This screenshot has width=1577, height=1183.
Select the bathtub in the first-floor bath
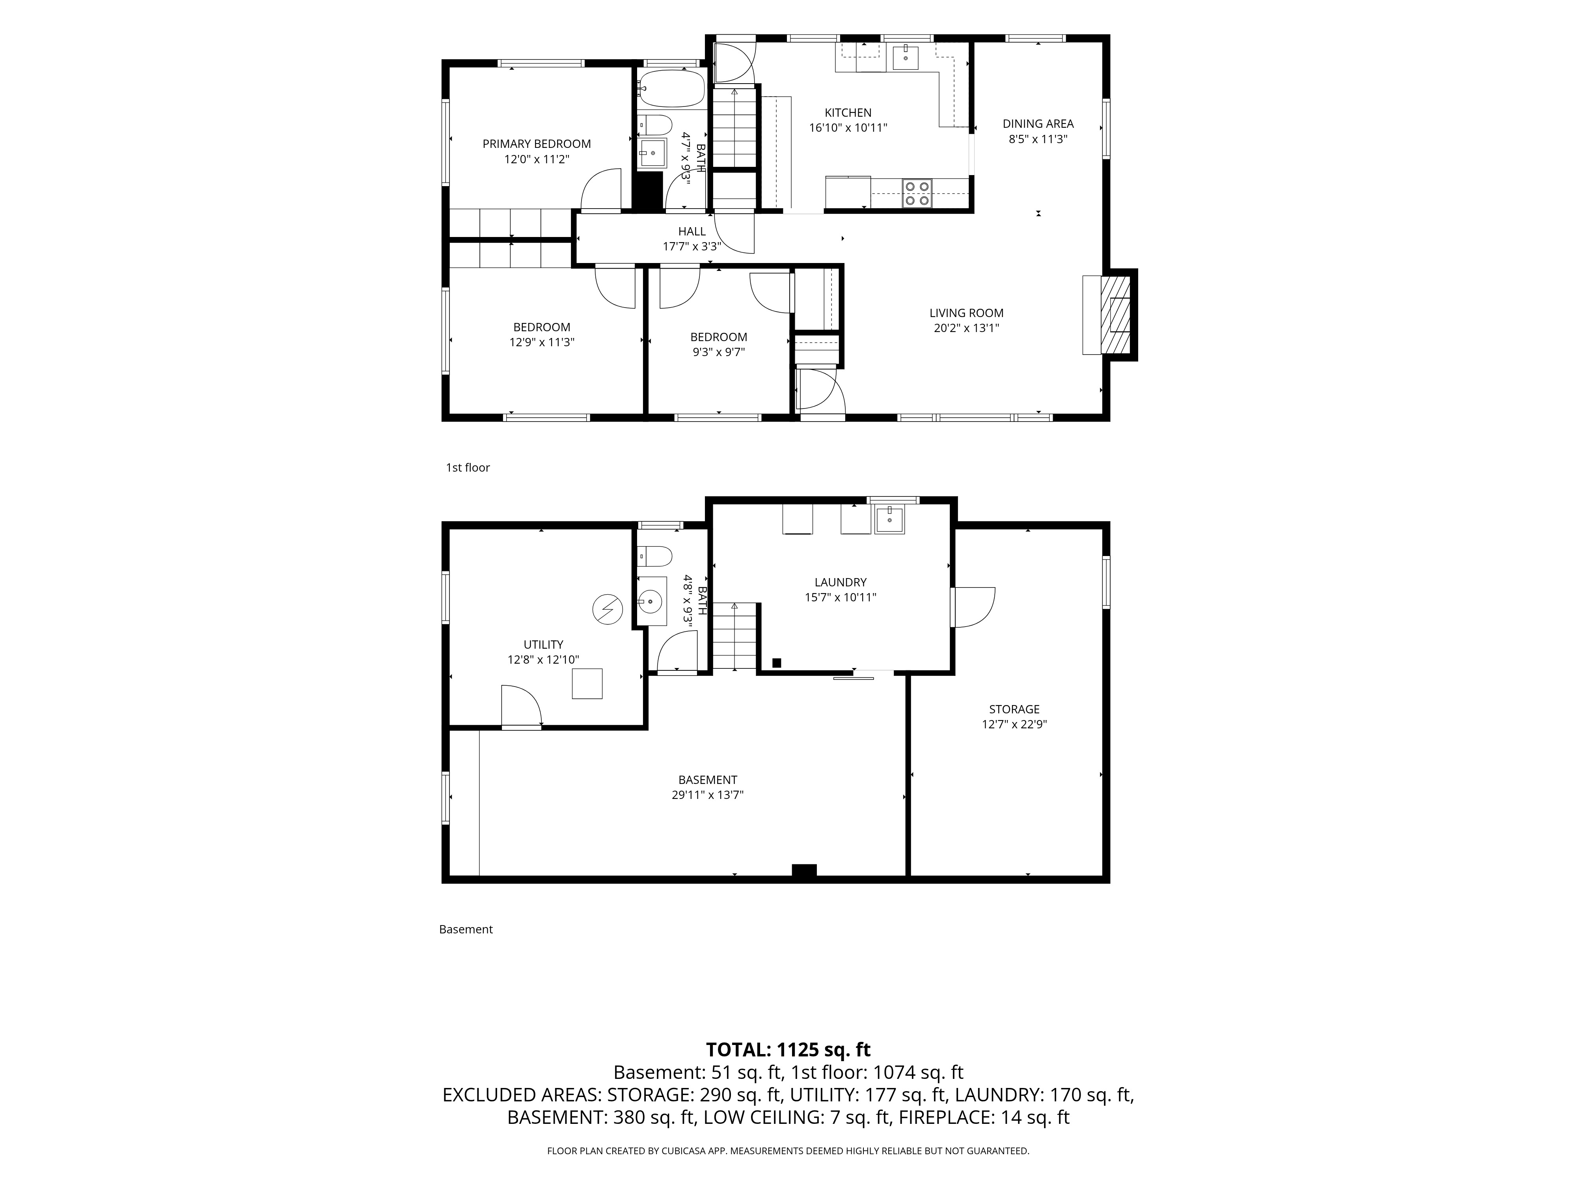(671, 88)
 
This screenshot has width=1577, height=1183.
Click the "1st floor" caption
(468, 468)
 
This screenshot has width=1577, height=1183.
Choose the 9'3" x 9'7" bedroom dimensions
(719, 352)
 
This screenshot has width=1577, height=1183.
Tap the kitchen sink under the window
(906, 58)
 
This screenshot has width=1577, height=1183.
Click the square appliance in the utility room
(587, 683)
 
